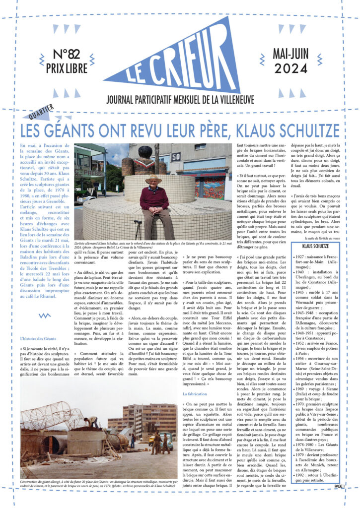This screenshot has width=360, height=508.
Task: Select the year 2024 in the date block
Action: click(x=290, y=69)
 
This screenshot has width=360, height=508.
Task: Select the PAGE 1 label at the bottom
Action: click(x=339, y=486)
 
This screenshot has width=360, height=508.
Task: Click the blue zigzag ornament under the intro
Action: click(x=45, y=315)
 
